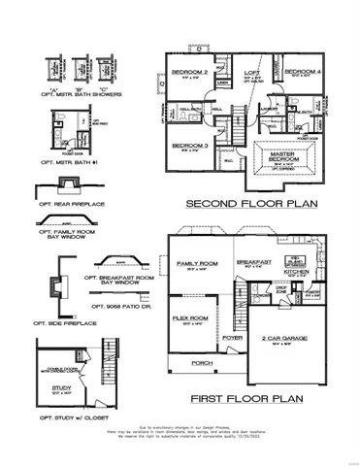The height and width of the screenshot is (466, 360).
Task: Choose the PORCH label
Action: click(203, 363)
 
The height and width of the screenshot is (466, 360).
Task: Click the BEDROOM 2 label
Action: click(190, 72)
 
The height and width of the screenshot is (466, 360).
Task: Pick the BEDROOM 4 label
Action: click(306, 71)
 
